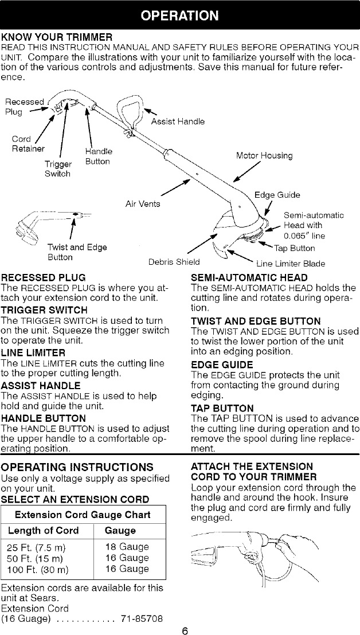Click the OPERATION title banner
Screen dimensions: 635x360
[180, 14]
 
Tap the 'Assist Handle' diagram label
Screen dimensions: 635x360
[178, 121]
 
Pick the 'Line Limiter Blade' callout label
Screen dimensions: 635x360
[290, 264]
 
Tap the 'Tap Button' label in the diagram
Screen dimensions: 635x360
[294, 248]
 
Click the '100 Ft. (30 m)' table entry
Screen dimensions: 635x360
[36, 569]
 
